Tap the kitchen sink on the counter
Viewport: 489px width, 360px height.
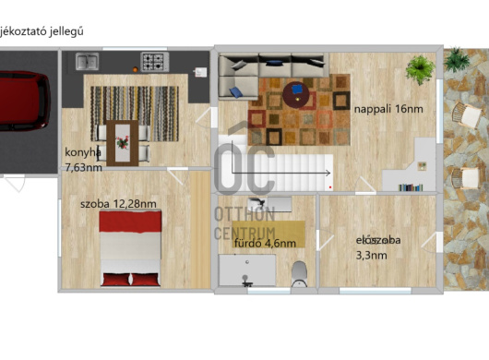[89, 63]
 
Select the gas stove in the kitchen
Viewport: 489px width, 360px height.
[153, 63]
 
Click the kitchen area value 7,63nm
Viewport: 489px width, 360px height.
[84, 167]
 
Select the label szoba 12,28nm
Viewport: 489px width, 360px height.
[118, 203]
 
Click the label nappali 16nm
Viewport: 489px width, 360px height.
[388, 109]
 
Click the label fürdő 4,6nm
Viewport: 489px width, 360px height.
[265, 244]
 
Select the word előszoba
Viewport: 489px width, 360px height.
[378, 240]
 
